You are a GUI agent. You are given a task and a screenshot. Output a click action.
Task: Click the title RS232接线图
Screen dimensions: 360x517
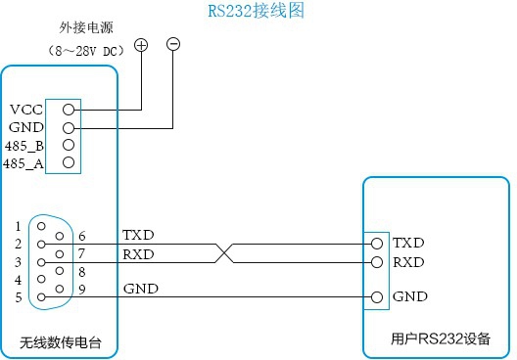click(258, 13)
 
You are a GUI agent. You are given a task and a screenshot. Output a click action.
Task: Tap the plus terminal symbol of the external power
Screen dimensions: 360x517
click(141, 45)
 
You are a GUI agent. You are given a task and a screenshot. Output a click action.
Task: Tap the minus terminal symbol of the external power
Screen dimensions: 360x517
click(173, 45)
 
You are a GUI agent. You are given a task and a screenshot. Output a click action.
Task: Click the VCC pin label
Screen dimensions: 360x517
click(25, 110)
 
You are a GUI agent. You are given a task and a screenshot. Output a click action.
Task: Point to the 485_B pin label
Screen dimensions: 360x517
click(23, 146)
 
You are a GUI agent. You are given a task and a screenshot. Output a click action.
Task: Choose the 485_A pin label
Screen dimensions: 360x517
click(23, 163)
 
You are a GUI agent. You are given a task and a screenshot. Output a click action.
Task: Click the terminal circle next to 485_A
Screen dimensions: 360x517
click(68, 162)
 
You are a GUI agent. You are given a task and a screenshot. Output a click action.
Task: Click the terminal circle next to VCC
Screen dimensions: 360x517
click(68, 110)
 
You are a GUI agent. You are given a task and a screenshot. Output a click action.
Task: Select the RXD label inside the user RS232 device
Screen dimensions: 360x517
click(409, 262)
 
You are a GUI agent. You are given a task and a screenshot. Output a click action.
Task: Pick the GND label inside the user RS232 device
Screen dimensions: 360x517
click(409, 296)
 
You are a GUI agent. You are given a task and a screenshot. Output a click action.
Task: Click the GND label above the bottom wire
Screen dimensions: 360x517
click(141, 289)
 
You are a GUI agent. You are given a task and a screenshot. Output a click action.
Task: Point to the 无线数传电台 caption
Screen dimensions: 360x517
click(60, 343)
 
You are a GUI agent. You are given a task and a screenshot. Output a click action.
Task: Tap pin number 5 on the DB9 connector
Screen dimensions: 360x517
click(18, 297)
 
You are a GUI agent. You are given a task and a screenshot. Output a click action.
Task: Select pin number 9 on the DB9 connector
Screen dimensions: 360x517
click(81, 289)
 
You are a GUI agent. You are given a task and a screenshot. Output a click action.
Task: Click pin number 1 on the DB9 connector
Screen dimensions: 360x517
click(18, 226)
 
